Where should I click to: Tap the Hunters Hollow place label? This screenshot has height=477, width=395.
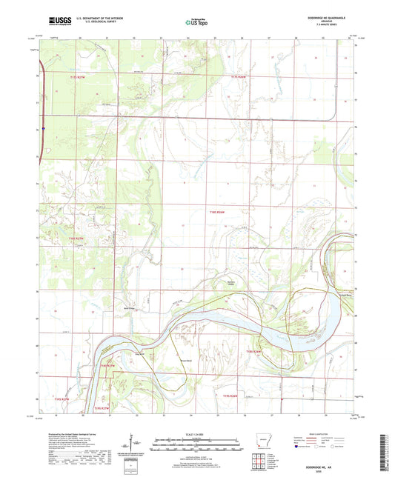pos(233,282)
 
